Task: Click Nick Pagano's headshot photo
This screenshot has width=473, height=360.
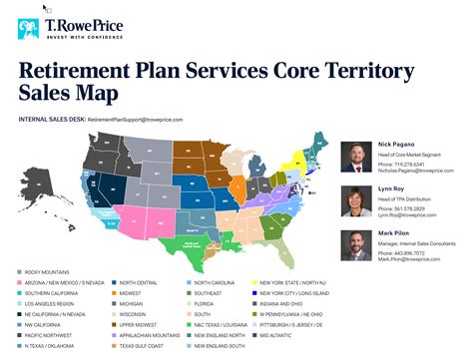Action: pyautogui.click(x=356, y=155)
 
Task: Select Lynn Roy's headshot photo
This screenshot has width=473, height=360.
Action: pyautogui.click(x=356, y=200)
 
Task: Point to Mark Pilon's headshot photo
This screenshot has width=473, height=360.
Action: pyautogui.click(x=356, y=245)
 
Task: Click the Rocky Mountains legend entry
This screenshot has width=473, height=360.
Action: pyautogui.click(x=47, y=272)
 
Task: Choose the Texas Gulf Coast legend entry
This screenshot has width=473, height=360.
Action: pyautogui.click(x=137, y=345)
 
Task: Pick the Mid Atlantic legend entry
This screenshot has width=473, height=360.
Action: pyautogui.click(x=281, y=345)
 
